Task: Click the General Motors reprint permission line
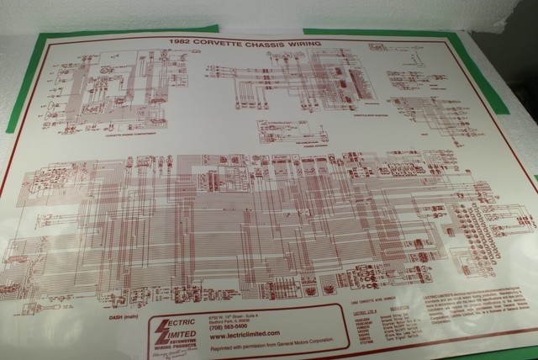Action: click(265, 346)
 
